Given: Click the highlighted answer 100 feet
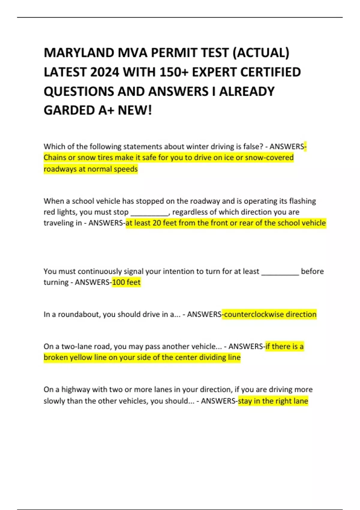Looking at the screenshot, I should (x=126, y=282).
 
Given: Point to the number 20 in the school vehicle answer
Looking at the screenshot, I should (x=157, y=223).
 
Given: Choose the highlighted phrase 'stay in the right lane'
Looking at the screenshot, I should (x=273, y=401).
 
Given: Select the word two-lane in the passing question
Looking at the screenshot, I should (x=73, y=346).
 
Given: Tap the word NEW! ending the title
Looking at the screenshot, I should (x=135, y=110).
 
